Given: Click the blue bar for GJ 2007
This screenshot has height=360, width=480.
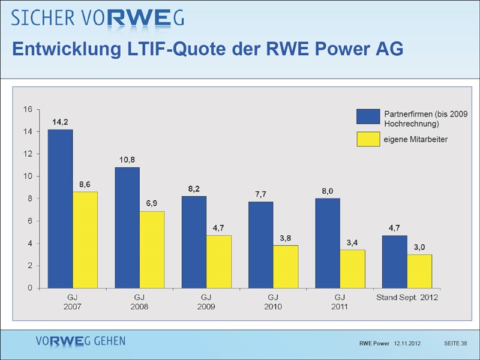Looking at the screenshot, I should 60,209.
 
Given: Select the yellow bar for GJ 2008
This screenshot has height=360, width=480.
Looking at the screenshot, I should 152,250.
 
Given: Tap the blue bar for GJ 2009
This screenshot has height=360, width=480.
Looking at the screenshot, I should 194,242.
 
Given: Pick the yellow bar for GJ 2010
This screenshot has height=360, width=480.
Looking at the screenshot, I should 286,266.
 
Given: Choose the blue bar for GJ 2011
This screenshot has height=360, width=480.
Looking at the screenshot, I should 328,243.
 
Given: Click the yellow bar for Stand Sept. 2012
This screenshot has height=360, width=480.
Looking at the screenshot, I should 419,271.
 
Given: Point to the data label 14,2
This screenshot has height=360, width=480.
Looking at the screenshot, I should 60,122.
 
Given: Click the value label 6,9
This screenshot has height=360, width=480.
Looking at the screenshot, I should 152,204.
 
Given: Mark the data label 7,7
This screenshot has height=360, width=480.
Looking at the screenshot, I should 260,194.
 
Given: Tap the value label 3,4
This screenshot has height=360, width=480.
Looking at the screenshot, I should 353,242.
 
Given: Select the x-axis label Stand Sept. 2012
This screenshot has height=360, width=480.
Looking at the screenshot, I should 407,298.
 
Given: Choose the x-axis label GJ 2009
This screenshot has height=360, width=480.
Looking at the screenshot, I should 206,302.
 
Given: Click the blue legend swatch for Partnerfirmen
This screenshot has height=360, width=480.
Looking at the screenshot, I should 368,116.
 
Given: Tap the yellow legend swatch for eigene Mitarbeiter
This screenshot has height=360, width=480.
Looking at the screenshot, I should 368,140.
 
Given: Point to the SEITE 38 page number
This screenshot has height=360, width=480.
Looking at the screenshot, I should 455,343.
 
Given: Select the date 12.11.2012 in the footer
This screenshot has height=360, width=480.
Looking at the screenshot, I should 407,343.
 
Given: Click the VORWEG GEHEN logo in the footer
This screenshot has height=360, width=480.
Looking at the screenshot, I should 80,341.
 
